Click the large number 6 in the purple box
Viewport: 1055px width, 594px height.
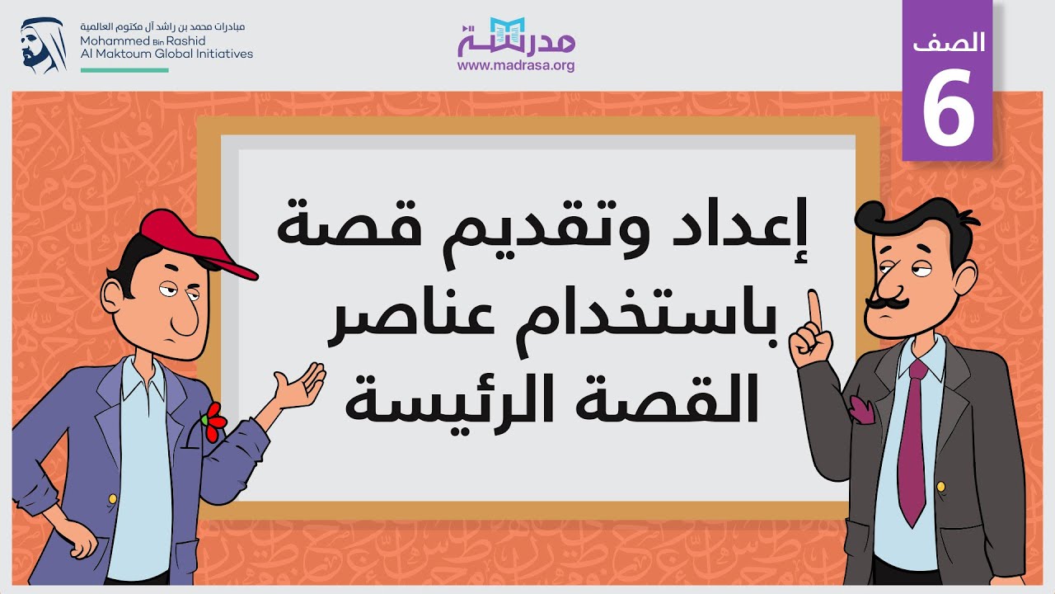click(948, 106)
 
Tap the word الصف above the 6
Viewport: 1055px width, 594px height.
click(949, 44)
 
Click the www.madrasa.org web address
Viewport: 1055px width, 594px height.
click(516, 66)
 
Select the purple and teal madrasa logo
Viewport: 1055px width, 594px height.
click(516, 37)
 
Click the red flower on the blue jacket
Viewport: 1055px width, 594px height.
click(214, 422)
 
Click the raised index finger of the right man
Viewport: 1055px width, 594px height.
click(814, 309)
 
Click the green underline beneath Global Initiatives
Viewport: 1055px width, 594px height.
click(124, 70)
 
